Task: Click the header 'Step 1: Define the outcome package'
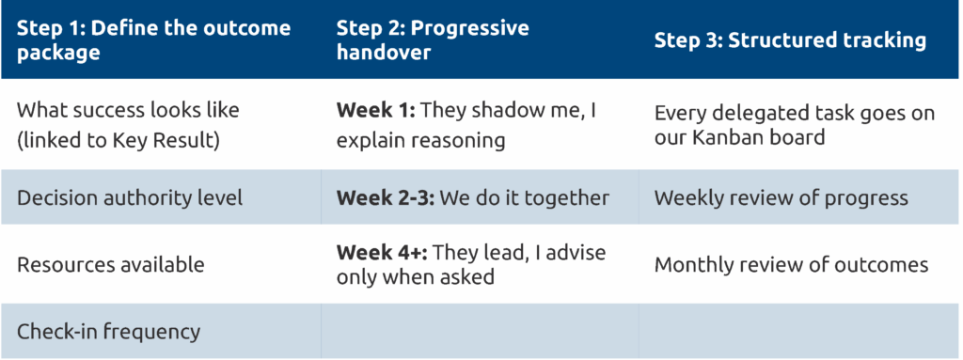[x=153, y=39]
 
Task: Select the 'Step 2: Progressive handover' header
[x=433, y=39]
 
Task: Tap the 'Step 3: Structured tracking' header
[x=790, y=39]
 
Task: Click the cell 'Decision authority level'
[x=130, y=197]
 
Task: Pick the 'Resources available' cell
[x=111, y=265]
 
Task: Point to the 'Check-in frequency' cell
[x=109, y=332]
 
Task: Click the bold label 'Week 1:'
[x=376, y=111]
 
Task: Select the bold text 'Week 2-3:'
[x=386, y=197]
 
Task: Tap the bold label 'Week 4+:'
[x=381, y=253]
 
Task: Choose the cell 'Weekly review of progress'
[x=781, y=197]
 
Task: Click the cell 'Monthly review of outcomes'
[x=791, y=265]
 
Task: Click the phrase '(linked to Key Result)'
[x=118, y=141]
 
